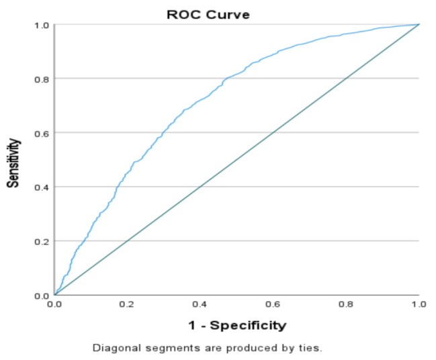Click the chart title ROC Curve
point(208,15)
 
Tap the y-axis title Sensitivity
point(13,163)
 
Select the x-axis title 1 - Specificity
point(237,325)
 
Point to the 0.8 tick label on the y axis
point(42,79)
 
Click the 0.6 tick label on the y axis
point(42,134)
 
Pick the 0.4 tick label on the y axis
point(42,187)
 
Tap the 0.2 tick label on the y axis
point(42,242)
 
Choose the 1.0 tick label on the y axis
point(42,26)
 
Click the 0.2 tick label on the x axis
point(126,304)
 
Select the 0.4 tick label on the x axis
point(200,304)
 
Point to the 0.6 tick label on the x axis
point(273,304)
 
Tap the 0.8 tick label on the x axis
point(345,304)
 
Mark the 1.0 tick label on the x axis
point(419,304)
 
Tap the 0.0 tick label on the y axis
point(42,296)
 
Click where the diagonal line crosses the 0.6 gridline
point(273,132)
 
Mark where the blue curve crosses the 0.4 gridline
point(117,187)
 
